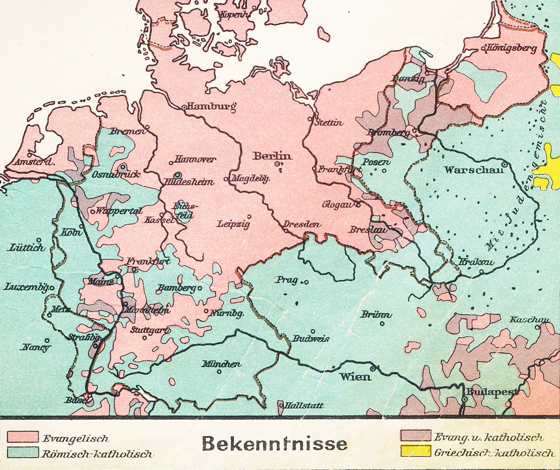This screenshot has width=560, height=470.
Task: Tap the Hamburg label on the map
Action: (211, 107)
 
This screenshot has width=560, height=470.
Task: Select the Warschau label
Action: (474, 170)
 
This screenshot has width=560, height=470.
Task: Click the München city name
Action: (222, 364)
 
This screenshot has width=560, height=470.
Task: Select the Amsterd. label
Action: (34, 162)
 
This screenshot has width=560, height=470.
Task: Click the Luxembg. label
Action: (25, 287)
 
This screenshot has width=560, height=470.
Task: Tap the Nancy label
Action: (36, 347)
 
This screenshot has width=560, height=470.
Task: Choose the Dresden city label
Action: (302, 224)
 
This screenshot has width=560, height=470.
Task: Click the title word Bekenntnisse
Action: (274, 444)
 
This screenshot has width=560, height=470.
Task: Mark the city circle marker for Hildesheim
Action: (178, 175)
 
